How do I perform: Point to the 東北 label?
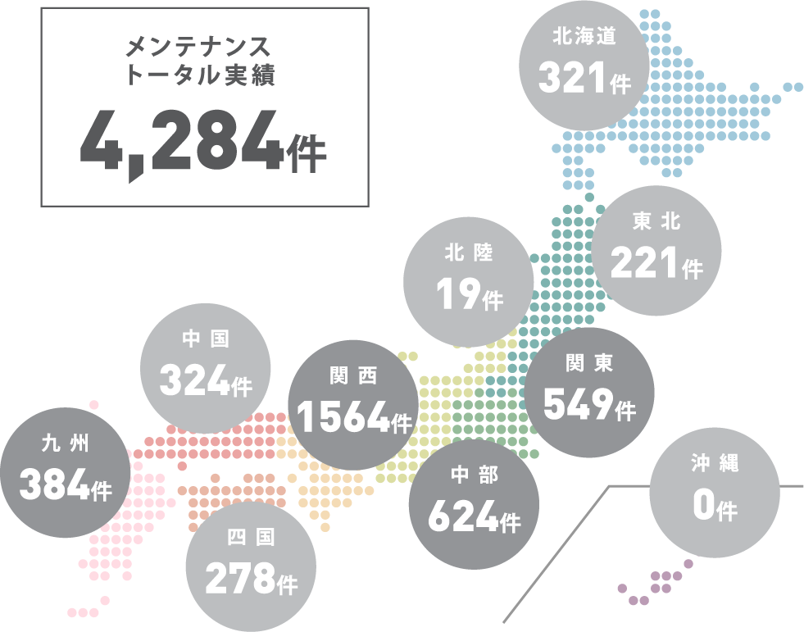point(656,221)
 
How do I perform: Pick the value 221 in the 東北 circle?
point(645,263)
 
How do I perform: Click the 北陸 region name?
point(469,253)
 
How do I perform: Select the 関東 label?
point(589,361)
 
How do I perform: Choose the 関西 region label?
point(352,375)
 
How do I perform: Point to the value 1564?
point(343,417)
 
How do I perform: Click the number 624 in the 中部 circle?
point(462,516)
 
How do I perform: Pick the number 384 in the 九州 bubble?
point(54,486)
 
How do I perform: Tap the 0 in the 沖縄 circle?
point(703,506)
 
